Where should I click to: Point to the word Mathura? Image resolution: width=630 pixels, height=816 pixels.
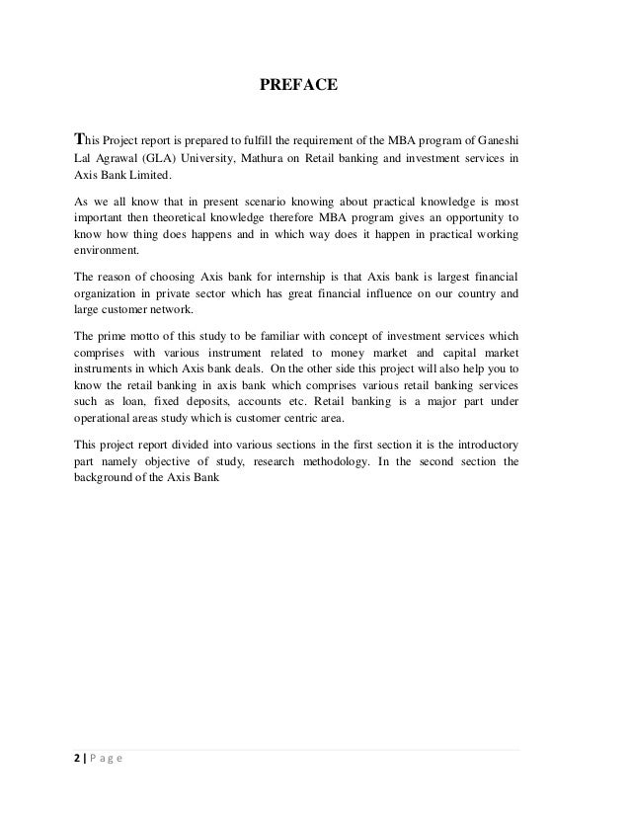click(x=270, y=156)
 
